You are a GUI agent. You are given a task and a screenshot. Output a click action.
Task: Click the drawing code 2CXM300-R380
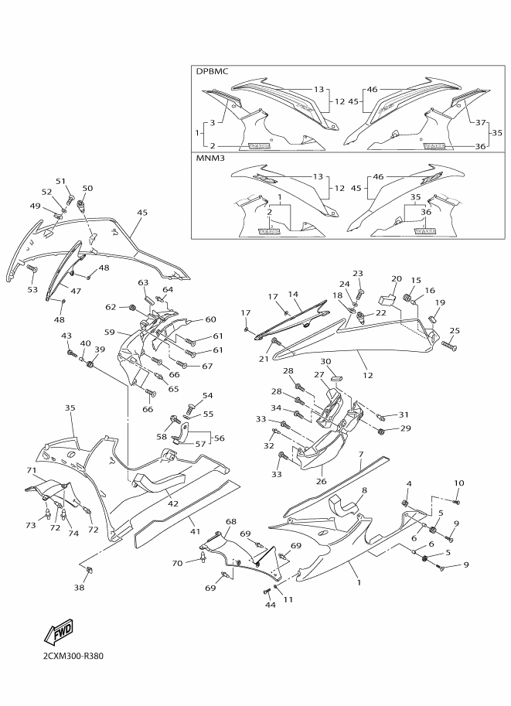[73, 656]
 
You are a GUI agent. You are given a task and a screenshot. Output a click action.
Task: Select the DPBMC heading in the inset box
[212, 71]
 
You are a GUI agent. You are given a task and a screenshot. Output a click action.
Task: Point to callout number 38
[79, 587]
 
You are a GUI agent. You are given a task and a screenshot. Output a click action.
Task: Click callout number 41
[195, 532]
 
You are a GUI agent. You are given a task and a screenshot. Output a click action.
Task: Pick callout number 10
[458, 483]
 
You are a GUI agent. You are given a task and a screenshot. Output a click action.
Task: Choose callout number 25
[455, 331]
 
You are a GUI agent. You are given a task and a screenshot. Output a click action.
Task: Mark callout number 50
[88, 188]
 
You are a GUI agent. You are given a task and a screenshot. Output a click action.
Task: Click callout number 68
[231, 521]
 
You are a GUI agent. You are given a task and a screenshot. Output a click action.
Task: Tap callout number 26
[321, 481]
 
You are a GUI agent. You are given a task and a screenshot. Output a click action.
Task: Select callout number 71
[32, 470]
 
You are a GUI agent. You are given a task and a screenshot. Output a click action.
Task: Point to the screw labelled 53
[32, 269]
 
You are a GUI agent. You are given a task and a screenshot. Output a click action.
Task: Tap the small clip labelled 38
[88, 571]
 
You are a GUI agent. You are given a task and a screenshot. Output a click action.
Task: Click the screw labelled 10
[455, 502]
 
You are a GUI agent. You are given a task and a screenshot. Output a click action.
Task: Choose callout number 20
[396, 279]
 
